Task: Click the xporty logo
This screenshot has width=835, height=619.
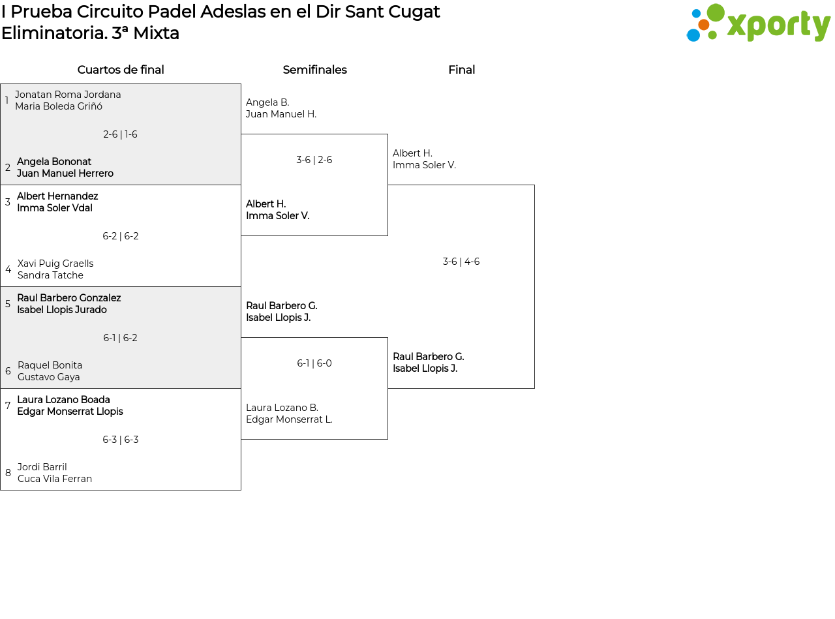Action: coord(758,23)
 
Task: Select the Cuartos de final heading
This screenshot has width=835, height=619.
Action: coord(121,70)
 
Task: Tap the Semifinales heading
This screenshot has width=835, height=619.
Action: coord(314,70)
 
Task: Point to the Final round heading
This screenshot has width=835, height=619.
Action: coord(461,70)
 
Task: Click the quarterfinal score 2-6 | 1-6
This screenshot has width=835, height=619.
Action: coord(120,134)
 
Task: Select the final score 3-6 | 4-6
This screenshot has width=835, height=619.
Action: coord(461,262)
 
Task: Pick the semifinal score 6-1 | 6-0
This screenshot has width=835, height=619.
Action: coord(314,363)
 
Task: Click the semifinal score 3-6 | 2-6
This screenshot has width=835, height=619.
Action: coord(314,160)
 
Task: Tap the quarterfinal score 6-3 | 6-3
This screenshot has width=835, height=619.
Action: coord(121,440)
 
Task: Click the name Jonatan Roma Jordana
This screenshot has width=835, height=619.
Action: coord(68,95)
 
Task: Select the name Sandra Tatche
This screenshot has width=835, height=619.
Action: coord(50,275)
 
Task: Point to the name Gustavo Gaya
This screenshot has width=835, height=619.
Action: coord(49,377)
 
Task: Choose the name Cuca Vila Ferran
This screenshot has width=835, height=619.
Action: coord(55,479)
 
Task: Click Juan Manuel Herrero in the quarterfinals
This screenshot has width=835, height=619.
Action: coord(65,174)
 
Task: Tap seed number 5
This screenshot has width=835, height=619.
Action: coord(8,304)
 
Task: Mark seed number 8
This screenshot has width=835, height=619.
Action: coord(8,473)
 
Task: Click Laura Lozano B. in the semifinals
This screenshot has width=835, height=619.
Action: coord(282,408)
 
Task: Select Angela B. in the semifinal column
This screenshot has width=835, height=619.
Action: coord(267,102)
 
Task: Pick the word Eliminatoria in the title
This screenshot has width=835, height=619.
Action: coord(54,33)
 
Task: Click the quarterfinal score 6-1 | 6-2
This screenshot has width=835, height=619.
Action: coord(120,338)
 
